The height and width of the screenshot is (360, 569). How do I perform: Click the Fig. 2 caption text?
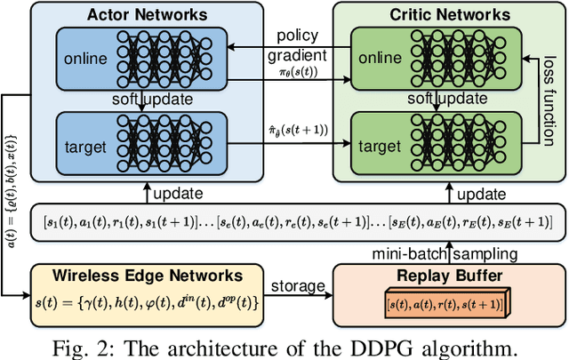pyautogui.click(x=284, y=344)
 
